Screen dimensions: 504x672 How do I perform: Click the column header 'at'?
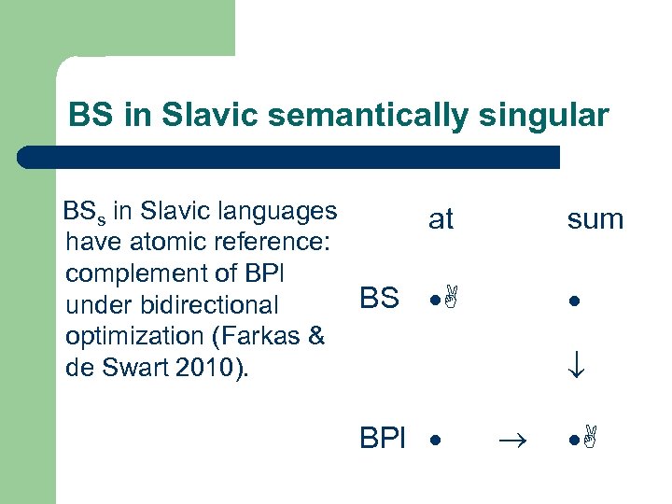440,219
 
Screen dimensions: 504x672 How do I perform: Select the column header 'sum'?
595,219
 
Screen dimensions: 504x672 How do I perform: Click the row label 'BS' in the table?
379,299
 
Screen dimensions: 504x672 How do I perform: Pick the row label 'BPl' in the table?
383,438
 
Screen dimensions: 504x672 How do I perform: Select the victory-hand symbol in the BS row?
452,300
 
